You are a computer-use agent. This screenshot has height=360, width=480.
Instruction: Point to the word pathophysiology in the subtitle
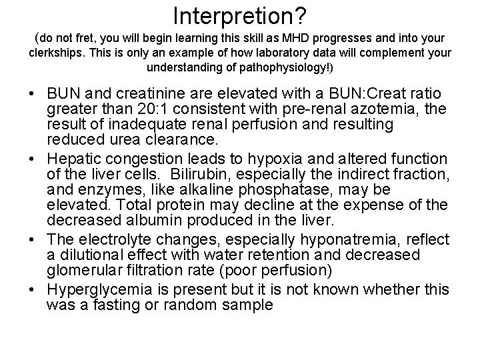tap(283, 67)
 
